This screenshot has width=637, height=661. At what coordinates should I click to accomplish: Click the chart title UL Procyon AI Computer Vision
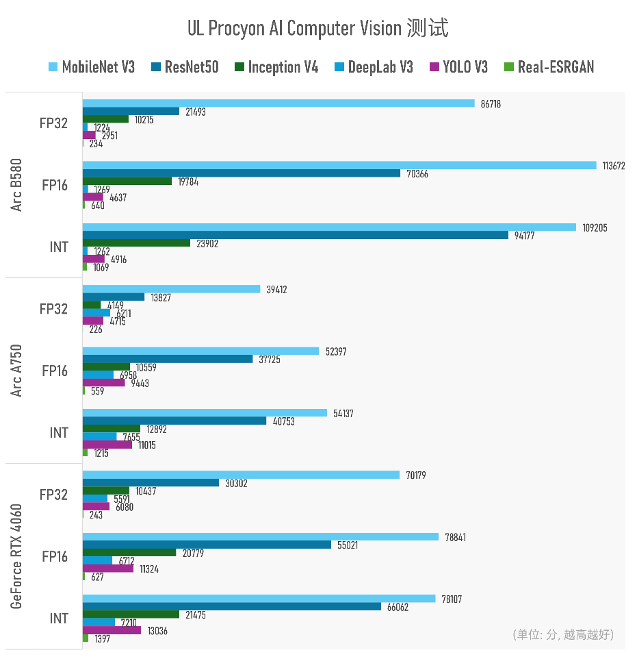(317, 29)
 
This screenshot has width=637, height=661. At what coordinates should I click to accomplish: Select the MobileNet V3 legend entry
(92, 67)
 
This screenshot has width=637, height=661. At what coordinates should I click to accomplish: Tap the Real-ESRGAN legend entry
(549, 67)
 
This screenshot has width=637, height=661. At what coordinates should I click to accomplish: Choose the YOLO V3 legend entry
(458, 67)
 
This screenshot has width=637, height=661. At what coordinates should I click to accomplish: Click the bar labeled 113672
(339, 165)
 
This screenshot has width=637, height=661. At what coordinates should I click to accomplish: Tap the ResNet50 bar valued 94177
(296, 235)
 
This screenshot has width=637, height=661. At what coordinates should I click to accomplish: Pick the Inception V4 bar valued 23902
(136, 243)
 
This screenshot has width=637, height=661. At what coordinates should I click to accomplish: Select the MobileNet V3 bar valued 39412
(171, 289)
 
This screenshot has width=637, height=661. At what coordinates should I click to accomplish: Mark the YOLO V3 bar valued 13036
(112, 630)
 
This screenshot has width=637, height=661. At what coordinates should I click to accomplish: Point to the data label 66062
(398, 607)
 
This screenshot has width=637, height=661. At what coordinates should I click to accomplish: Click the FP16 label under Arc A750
(55, 371)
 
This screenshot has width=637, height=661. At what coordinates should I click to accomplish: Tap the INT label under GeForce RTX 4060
(59, 619)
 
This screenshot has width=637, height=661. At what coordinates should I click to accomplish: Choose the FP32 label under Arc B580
(53, 123)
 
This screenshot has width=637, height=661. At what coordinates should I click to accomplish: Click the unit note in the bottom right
(563, 635)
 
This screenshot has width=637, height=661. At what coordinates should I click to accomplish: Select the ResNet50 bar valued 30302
(151, 483)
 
